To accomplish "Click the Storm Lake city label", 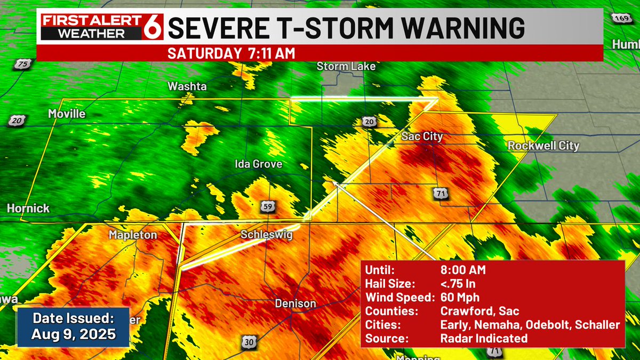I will click(x=346, y=67).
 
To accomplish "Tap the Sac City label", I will click(x=422, y=137).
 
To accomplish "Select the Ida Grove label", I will click(x=259, y=164).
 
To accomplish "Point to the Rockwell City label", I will click(x=543, y=146).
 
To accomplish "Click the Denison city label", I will click(x=295, y=303).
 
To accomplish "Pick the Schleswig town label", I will click(x=267, y=235).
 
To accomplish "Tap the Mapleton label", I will click(x=133, y=235).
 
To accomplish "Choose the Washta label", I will click(x=187, y=86).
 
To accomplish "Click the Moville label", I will click(x=67, y=114).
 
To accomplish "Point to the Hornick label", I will click(x=28, y=209).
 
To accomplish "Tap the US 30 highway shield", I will click(x=247, y=342).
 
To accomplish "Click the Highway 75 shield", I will click(x=22, y=65).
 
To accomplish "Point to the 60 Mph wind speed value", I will click(x=460, y=298).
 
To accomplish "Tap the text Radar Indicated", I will click(x=484, y=339).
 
